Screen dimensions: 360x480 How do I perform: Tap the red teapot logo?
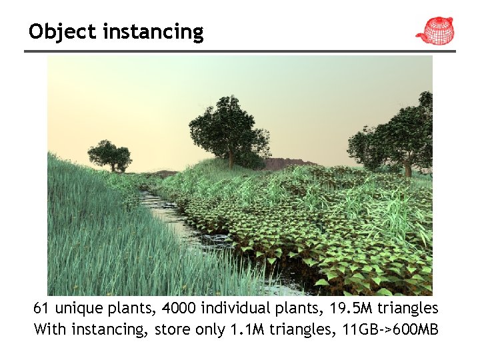[435, 30]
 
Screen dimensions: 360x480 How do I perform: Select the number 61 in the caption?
[42, 308]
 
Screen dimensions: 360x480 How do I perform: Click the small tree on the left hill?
[110, 155]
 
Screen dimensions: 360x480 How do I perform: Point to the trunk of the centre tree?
[231, 159]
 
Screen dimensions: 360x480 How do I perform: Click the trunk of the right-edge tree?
[407, 168]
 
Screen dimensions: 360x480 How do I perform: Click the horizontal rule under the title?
[240, 51]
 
